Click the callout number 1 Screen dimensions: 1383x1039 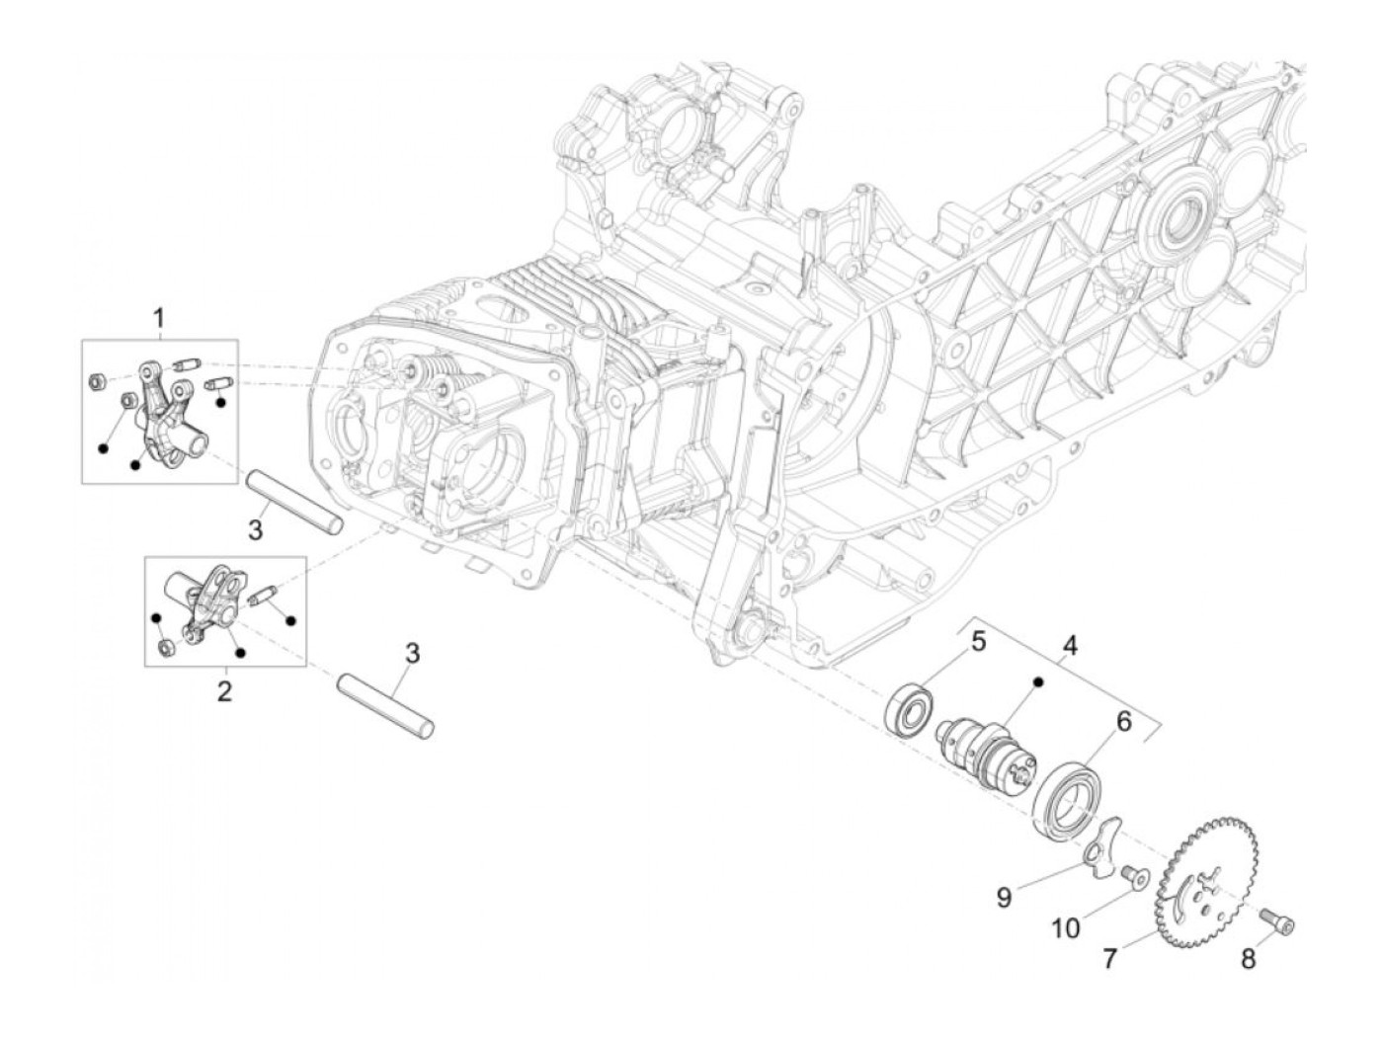coord(158,319)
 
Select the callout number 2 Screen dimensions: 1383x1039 coord(224,690)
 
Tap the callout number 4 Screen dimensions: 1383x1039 coord(1070,647)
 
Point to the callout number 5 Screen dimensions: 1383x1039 coord(977,642)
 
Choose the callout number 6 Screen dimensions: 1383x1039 coord(1123,722)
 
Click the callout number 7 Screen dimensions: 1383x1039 coord(1109,958)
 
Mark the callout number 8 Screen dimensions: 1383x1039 coord(1249,958)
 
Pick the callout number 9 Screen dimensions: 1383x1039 coord(1004,897)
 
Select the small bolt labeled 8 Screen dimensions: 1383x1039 coord(1280,922)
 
